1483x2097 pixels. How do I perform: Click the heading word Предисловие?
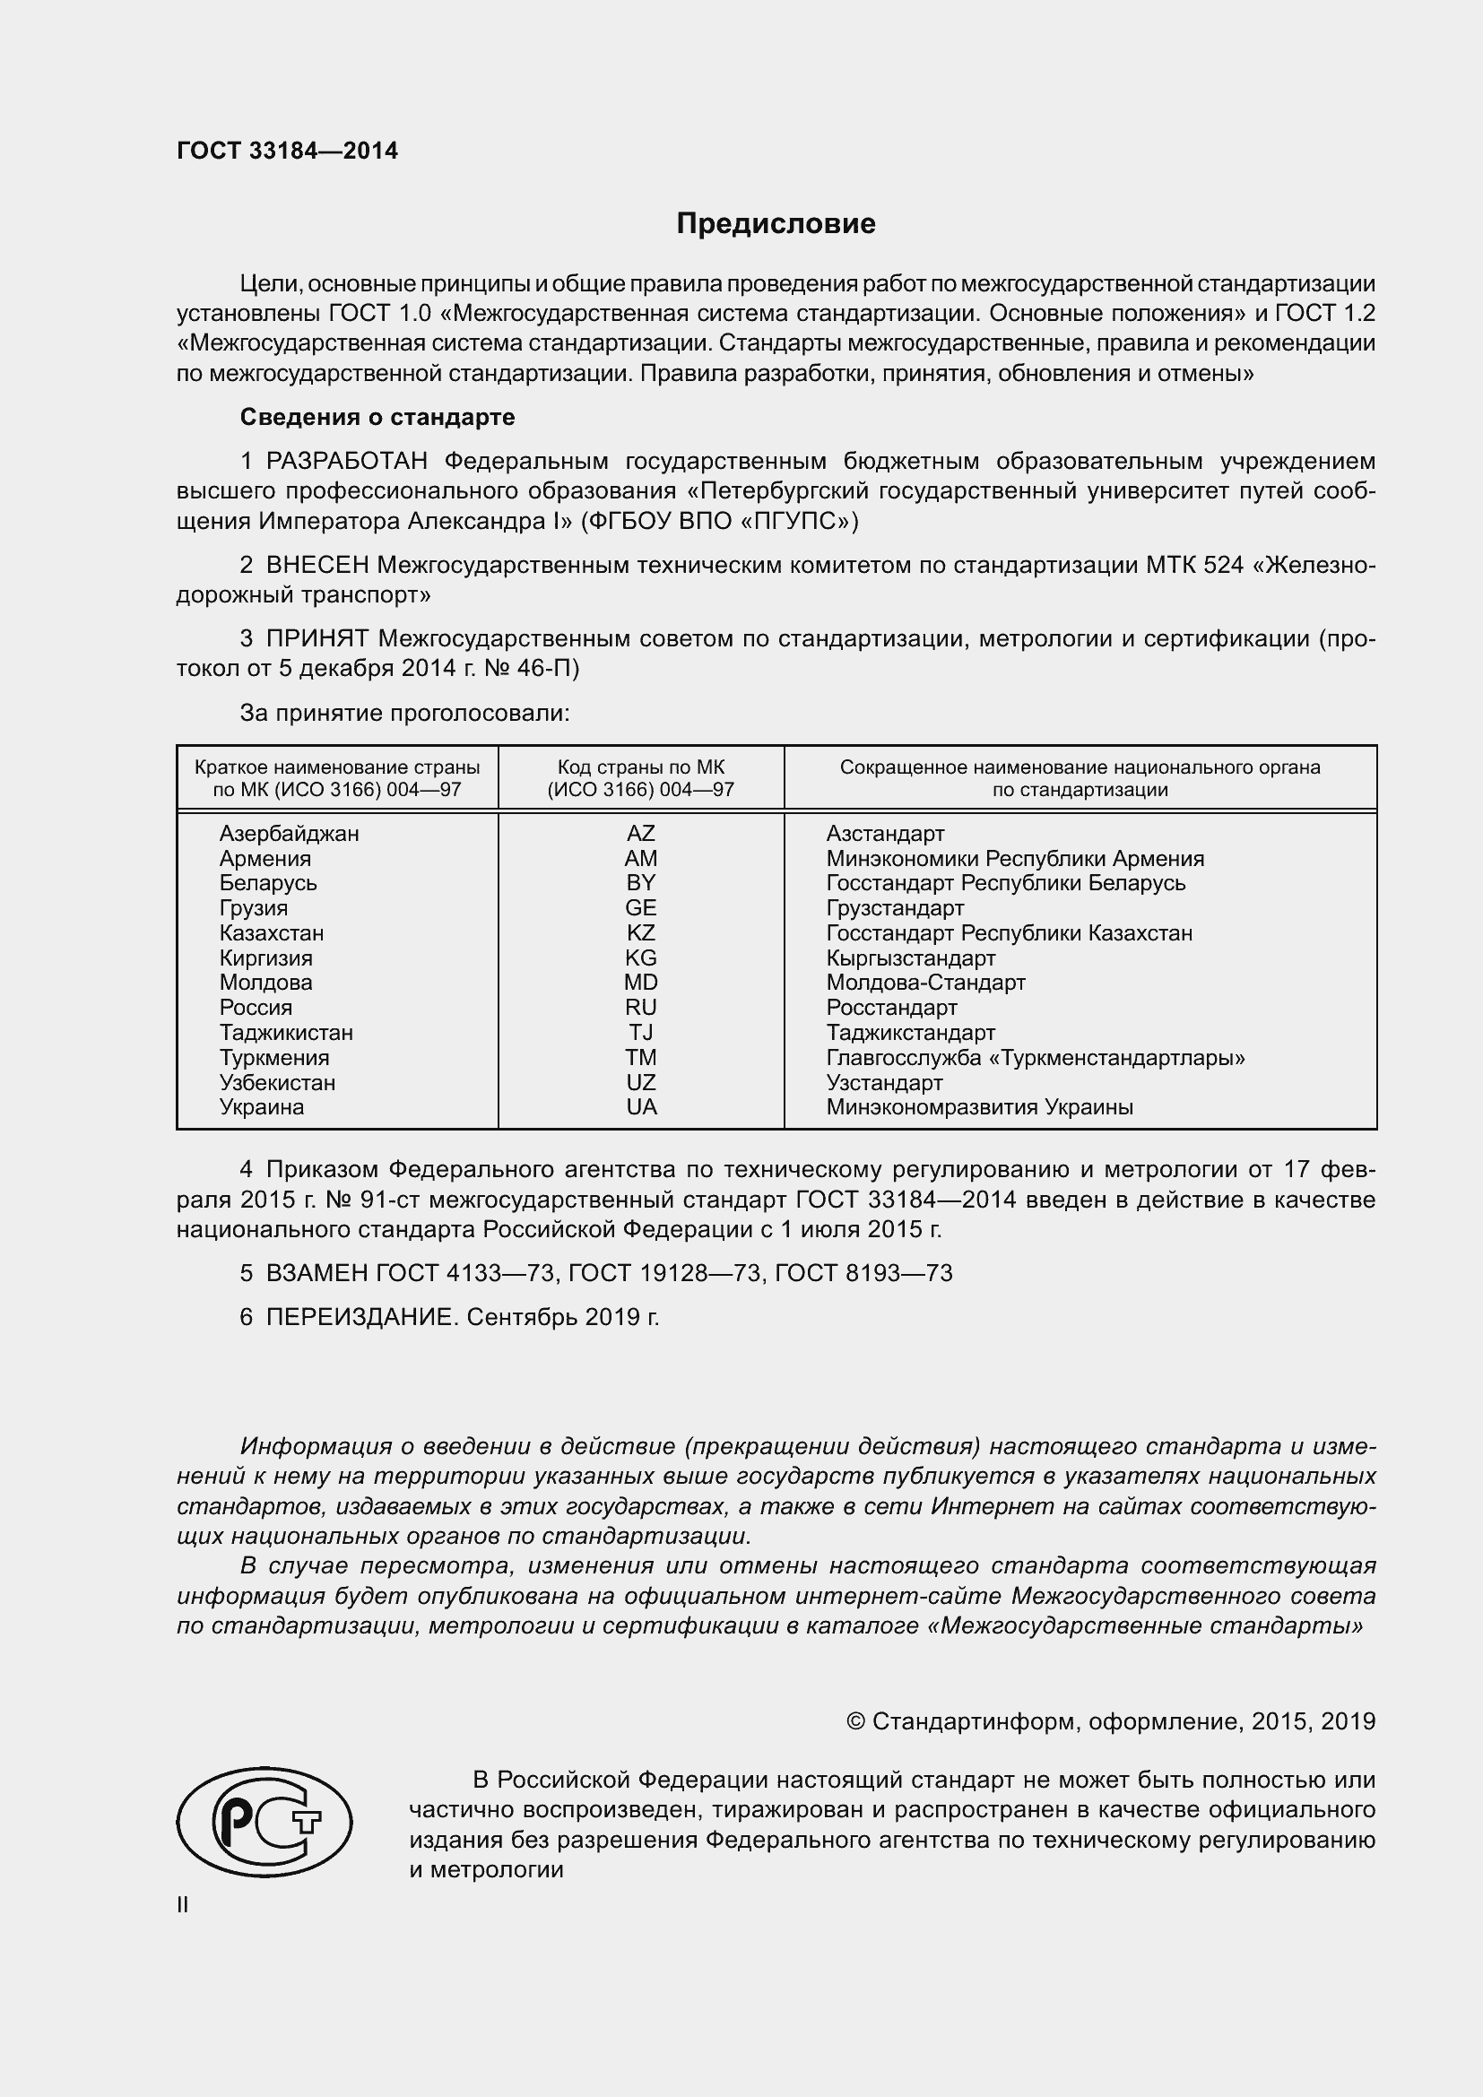pos(776,224)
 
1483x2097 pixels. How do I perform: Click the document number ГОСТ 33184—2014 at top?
pos(287,151)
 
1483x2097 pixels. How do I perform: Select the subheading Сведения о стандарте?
pos(377,418)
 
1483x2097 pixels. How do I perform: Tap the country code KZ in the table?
pos(640,933)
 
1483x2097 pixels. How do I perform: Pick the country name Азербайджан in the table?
pos(289,834)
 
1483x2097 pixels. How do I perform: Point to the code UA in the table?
pos(640,1107)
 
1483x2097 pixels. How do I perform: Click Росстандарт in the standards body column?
pos(891,1008)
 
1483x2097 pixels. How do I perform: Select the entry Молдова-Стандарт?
pos(925,983)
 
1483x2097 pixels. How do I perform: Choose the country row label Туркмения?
pos(274,1058)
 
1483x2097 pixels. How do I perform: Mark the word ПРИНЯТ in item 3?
pos(317,638)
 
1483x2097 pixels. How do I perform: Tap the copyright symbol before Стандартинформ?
pos(855,1721)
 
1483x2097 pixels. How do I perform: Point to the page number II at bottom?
pos(183,1904)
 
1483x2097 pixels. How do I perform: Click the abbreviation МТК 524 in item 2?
pos(1193,566)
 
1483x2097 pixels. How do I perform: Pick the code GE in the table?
pos(640,908)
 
